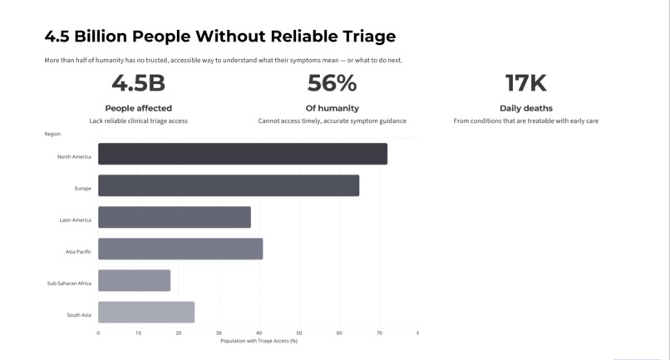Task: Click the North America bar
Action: pyautogui.click(x=243, y=154)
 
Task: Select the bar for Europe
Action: pyautogui.click(x=229, y=185)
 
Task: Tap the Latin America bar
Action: pyautogui.click(x=175, y=217)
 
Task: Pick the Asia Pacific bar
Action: pyautogui.click(x=180, y=249)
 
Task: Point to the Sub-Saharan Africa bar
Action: pyautogui.click(x=134, y=280)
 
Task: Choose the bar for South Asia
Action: pyautogui.click(x=146, y=312)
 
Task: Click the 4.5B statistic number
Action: pyautogui.click(x=139, y=83)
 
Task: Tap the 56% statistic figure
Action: pyautogui.click(x=332, y=83)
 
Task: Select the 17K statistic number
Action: pyautogui.click(x=526, y=83)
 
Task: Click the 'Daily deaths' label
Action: pyautogui.click(x=526, y=108)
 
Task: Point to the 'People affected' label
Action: pyautogui.click(x=139, y=108)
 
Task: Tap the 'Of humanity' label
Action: pyautogui.click(x=332, y=108)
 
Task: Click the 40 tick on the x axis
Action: pyautogui.click(x=259, y=333)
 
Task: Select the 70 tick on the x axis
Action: pyautogui.click(x=379, y=333)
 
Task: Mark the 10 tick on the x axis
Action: pyautogui.click(x=139, y=333)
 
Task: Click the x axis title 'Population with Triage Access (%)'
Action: pyautogui.click(x=259, y=341)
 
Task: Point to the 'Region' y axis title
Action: pyautogui.click(x=52, y=134)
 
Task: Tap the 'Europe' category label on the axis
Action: pyautogui.click(x=83, y=189)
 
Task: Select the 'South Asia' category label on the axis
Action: pyautogui.click(x=79, y=315)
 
